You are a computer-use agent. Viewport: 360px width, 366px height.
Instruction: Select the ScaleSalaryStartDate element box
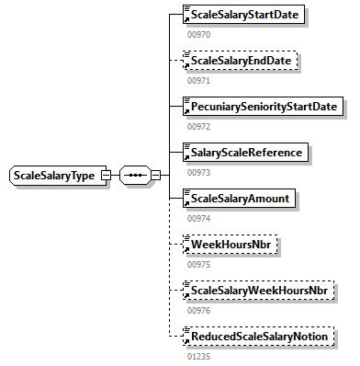[243, 16]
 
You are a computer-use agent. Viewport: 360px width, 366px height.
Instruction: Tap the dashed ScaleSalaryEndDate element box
[241, 61]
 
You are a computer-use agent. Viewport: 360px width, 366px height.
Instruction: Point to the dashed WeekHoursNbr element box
[229, 245]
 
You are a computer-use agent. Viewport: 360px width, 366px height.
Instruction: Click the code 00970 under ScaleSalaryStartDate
[198, 34]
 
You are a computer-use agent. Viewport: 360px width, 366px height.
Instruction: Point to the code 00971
[198, 80]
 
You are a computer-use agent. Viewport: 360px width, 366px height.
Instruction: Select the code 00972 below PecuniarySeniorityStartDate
[198, 126]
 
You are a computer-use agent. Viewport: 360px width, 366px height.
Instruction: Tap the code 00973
[198, 172]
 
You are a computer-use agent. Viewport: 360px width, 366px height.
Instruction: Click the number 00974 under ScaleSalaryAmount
[198, 218]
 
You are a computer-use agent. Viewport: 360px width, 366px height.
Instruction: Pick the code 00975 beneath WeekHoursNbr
[198, 264]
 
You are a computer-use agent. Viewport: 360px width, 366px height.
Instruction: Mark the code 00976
[198, 310]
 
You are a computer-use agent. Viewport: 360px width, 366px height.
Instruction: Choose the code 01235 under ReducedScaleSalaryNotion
[198, 356]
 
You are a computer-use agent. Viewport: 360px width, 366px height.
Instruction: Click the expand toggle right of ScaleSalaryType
[107, 175]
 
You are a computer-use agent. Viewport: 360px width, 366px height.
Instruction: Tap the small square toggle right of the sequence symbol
[156, 175]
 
